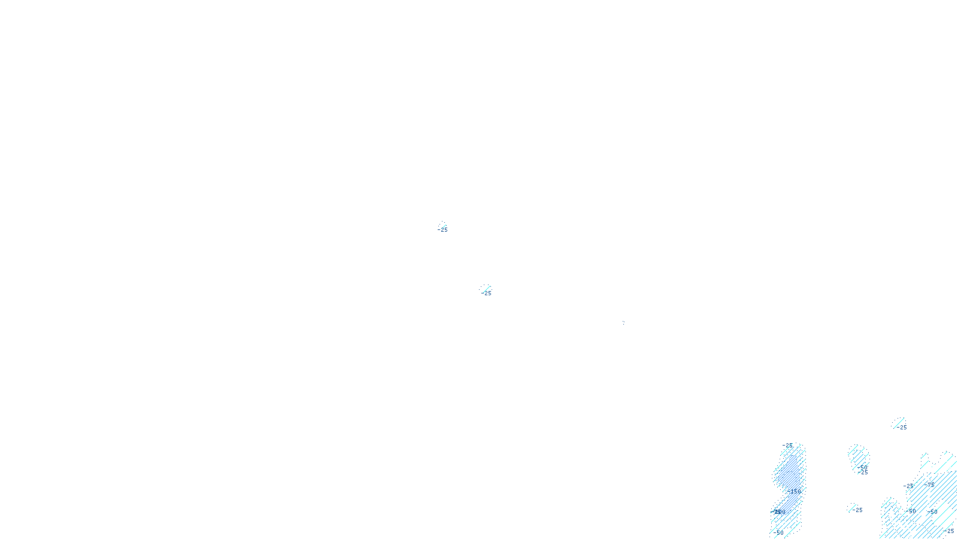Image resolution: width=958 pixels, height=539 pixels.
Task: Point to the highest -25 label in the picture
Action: point(444,230)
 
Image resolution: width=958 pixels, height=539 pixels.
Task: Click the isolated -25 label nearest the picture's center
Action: point(487,293)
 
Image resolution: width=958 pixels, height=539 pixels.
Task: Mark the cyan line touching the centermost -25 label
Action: point(486,289)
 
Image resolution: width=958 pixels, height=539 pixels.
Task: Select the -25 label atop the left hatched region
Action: point(788,446)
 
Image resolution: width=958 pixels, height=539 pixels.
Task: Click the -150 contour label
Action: point(795,491)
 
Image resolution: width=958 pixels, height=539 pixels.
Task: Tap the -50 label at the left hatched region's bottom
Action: point(779,532)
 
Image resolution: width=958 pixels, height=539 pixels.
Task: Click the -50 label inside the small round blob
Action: point(862,467)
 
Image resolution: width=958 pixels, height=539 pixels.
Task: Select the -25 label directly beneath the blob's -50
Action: point(864,473)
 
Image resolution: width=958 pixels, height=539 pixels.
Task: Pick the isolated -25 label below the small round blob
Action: point(858,510)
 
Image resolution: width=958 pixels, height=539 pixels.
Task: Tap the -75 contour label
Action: point(929,485)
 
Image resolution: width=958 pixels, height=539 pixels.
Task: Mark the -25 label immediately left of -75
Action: point(908,486)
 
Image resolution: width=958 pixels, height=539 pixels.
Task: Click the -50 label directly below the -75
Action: point(933,512)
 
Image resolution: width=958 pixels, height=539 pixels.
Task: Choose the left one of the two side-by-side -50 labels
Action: point(912,511)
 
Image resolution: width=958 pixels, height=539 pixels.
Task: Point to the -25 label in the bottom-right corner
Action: point(949,531)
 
